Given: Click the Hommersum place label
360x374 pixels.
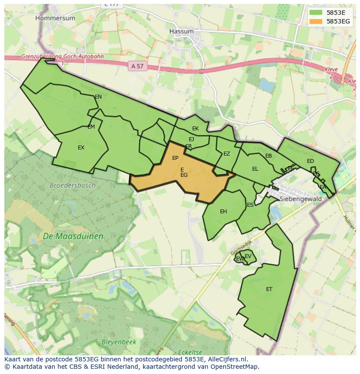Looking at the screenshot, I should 55,18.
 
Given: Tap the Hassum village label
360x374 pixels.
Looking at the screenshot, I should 181,32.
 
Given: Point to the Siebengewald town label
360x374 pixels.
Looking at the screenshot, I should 300,199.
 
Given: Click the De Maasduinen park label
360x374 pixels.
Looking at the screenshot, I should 73,236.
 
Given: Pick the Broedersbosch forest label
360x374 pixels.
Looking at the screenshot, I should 72,185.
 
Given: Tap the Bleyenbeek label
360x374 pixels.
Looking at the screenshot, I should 119,342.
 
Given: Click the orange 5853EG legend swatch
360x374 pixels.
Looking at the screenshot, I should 316,21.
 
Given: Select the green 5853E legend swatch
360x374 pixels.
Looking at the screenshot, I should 316,13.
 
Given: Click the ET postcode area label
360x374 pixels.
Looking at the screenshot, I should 269,289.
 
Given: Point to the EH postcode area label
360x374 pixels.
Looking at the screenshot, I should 223,212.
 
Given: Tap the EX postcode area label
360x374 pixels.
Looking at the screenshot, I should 81,148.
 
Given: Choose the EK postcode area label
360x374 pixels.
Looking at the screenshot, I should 195,129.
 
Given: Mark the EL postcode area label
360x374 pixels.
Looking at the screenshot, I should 255,169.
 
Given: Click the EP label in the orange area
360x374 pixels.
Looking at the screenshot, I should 175,158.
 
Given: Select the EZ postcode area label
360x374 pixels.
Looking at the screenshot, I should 227,154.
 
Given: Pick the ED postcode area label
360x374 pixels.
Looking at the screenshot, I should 310,161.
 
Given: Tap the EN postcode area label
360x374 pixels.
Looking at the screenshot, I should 98,97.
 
